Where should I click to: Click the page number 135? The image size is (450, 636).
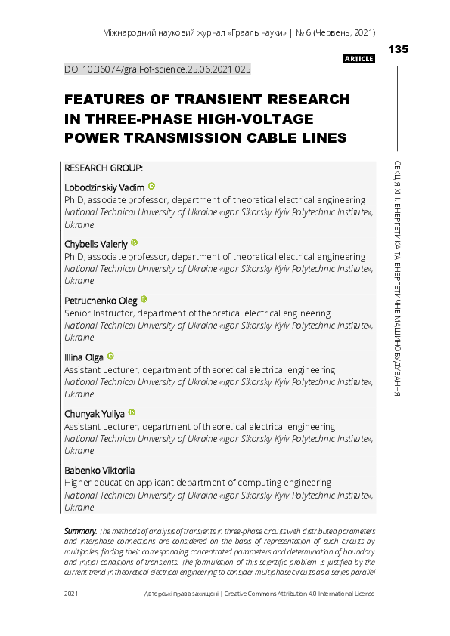[398, 49]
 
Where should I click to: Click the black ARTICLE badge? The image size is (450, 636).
[358, 59]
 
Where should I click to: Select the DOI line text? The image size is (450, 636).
[157, 69]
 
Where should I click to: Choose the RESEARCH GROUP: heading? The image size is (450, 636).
[104, 167]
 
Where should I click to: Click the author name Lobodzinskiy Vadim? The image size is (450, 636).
[104, 187]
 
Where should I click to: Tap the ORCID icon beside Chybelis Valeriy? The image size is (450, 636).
[135, 242]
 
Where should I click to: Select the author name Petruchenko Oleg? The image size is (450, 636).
[101, 300]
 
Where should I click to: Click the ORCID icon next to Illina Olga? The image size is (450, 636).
[110, 356]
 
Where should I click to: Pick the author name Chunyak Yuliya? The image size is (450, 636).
[95, 413]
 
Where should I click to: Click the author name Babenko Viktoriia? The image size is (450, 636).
[100, 470]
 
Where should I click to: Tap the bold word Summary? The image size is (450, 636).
[80, 532]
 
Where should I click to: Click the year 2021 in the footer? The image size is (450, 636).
[72, 594]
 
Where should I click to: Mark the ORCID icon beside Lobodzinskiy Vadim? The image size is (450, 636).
[151, 186]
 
